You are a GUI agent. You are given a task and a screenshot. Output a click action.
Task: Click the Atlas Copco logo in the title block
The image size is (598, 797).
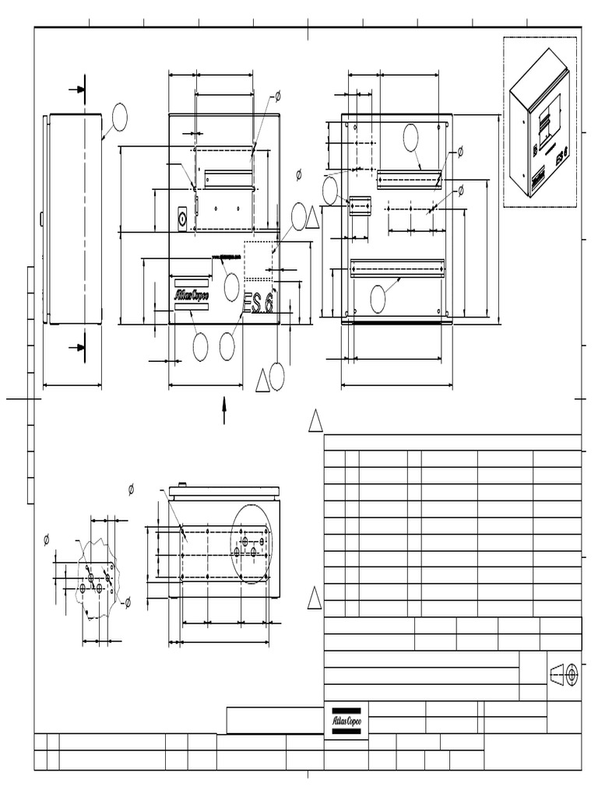346,721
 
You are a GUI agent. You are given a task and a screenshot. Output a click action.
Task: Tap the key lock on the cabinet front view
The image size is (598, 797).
182,219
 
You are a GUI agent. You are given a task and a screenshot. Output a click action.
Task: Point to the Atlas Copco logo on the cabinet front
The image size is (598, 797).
191,295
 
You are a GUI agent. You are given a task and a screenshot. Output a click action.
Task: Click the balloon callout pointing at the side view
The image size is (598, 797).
118,116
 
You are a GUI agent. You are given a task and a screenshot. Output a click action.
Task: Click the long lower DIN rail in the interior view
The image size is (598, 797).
397,270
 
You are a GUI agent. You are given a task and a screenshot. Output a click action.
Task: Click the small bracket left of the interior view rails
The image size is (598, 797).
360,206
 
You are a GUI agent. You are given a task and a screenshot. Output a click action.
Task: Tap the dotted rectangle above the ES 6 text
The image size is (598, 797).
259,260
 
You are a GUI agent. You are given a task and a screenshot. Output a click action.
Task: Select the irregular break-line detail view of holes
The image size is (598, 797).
97,578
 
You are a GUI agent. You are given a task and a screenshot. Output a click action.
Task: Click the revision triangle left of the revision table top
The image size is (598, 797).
315,421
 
